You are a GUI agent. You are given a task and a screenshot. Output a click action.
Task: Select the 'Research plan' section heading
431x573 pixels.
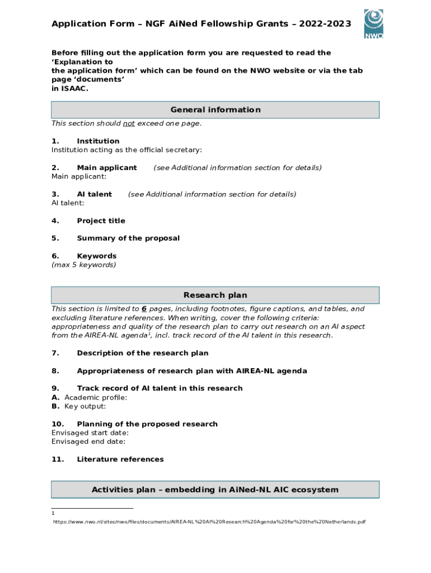click(215, 295)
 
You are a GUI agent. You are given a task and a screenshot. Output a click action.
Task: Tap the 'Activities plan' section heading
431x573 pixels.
click(215, 490)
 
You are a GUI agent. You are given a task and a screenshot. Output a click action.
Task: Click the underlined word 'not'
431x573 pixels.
click(129, 124)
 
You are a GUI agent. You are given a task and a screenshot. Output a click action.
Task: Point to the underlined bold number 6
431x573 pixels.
click(144, 309)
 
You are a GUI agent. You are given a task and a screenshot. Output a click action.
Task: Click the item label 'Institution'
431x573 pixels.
click(98, 141)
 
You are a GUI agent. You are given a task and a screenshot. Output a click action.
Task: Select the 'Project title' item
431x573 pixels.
click(101, 221)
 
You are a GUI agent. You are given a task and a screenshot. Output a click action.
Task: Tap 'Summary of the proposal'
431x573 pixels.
click(128, 238)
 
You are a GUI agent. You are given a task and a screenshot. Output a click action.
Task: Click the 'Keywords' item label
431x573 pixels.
click(96, 256)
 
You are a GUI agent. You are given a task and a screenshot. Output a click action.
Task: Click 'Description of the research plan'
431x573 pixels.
click(142, 353)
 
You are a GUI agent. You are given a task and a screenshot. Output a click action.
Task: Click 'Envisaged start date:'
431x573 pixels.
click(90, 433)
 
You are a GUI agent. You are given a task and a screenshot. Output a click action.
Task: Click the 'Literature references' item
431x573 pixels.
click(120, 459)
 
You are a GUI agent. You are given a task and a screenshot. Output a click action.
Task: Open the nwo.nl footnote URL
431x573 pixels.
click(209, 522)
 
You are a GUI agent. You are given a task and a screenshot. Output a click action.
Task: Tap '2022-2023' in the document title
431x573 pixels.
click(325, 24)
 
